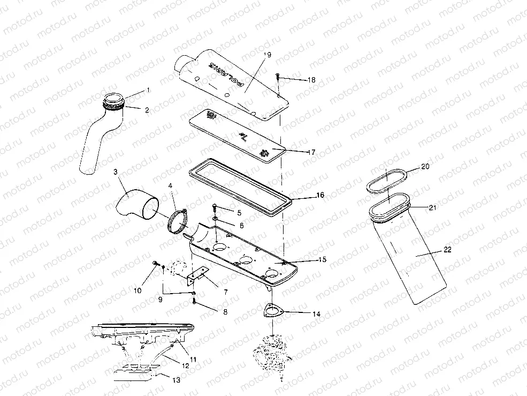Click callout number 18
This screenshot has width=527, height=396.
311,80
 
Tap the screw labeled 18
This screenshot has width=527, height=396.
278,77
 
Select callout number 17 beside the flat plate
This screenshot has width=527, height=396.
311,152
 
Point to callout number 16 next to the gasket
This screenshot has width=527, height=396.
320,196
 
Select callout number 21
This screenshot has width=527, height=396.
432,207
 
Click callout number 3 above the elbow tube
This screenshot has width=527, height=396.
115,172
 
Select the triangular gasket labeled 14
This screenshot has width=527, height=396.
273,312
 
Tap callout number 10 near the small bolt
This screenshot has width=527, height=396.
138,290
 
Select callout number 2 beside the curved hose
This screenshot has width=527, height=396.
147,110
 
